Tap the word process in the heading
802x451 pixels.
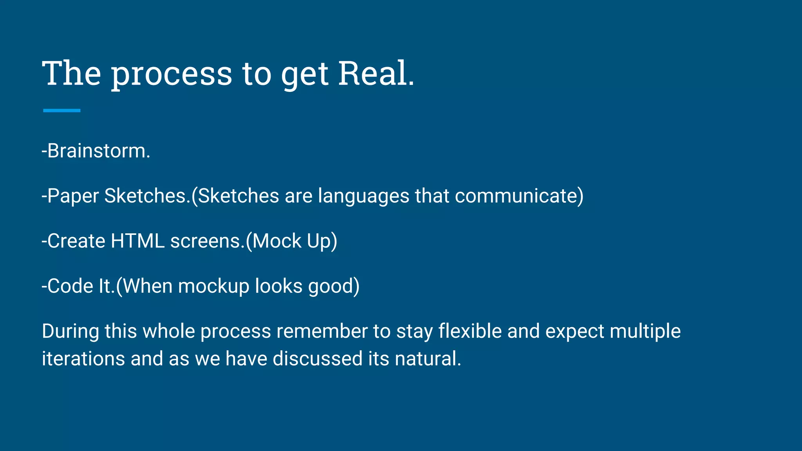[172, 74]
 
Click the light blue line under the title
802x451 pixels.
[61, 111]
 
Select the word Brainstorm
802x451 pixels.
[96, 151]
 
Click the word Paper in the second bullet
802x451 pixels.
[72, 196]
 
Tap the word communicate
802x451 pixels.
[516, 196]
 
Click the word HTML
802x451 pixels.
[137, 241]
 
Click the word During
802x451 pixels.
[70, 331]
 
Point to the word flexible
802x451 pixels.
[470, 331]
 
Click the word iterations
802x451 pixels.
[83, 359]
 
